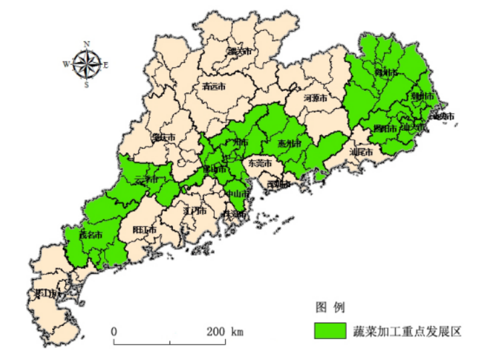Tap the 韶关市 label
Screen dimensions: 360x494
[238, 51]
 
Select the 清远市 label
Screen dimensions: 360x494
[214, 86]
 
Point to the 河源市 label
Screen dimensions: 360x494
[315, 98]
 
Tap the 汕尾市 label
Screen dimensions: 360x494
[360, 152]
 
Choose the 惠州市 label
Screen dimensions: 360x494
[290, 144]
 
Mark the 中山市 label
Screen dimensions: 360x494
[237, 194]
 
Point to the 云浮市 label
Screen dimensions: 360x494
[147, 180]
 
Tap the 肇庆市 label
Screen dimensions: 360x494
[163, 137]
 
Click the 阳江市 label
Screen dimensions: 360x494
[144, 230]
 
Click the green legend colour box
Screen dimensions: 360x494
[332, 331]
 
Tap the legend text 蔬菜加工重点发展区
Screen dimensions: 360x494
[407, 331]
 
